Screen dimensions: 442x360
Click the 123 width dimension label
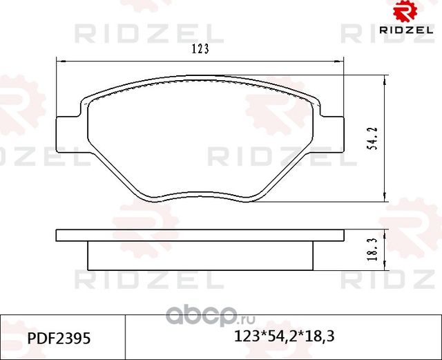coord(200,49)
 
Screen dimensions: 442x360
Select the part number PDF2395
coord(59,338)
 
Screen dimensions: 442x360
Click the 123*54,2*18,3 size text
coord(285,337)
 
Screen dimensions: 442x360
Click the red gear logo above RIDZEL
coord(405,11)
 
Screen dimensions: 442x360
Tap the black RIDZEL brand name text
coord(406,30)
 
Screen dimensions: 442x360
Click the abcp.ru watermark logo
coord(210,316)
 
